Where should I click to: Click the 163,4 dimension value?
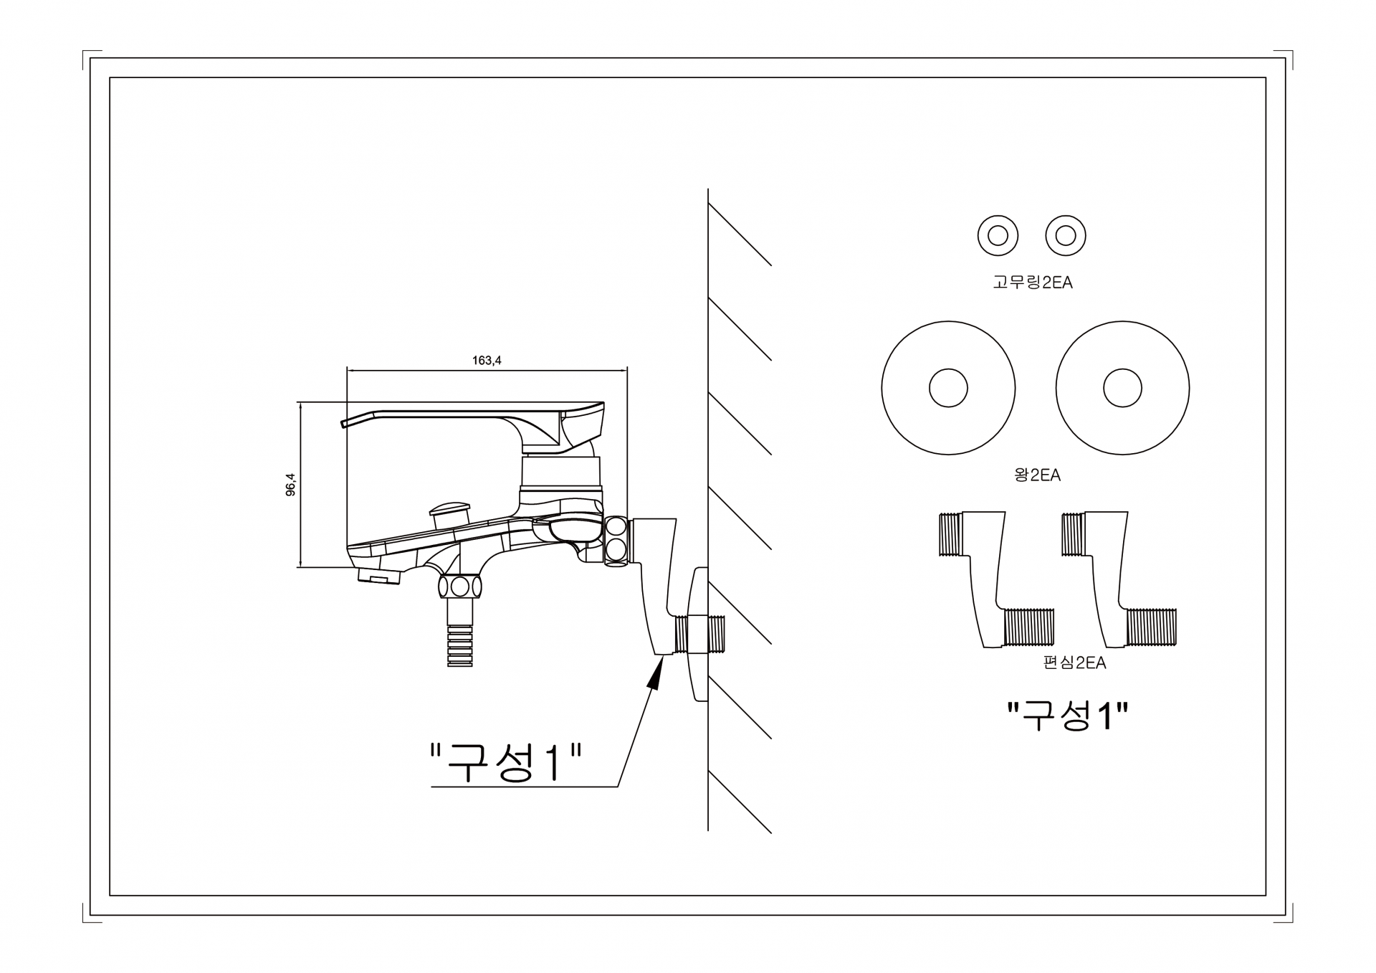tap(487, 361)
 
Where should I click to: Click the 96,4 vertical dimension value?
tap(290, 485)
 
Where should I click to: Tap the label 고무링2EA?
tap(1032, 283)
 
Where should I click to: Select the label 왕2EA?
tap(1037, 475)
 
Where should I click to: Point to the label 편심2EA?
tap(1074, 663)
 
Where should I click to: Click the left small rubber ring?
tap(998, 235)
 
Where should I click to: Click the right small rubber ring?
tap(1066, 235)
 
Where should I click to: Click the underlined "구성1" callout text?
tap(505, 764)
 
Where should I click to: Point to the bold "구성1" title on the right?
tap(1068, 716)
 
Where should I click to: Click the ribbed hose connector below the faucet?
tap(460, 645)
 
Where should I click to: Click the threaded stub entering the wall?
tap(716, 634)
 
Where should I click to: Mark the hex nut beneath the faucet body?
tap(460, 587)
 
